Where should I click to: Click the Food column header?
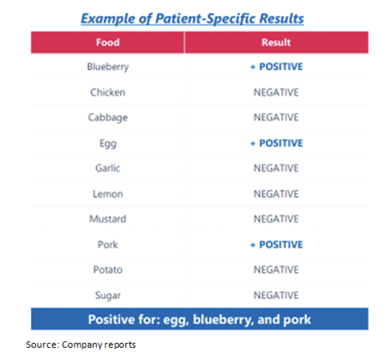108,42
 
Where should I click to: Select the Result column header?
276,42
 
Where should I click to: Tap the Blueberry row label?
108,67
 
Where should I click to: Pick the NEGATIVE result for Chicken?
276,92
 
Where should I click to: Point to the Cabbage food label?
108,118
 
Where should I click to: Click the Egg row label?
108,144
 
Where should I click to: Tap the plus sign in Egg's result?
253,143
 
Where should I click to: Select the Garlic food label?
108,168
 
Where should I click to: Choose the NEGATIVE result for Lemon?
276,194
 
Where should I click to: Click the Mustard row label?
108,219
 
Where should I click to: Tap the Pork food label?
108,245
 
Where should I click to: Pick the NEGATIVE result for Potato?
276,269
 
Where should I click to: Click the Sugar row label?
108,295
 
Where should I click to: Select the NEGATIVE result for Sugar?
276,295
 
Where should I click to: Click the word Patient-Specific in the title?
205,19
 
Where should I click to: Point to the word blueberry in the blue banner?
223,319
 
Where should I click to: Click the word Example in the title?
108,19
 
